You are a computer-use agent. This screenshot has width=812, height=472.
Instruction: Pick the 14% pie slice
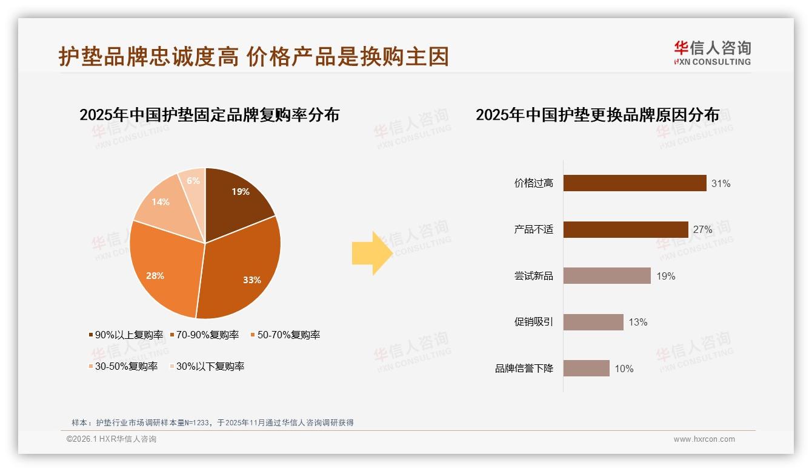click(162, 203)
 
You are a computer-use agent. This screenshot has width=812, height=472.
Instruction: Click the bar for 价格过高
click(634, 183)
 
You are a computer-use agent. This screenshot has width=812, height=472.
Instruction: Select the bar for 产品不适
click(625, 229)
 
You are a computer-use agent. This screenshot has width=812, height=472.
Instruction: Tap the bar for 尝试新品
click(607, 276)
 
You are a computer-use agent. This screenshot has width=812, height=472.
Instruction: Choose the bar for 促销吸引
click(593, 322)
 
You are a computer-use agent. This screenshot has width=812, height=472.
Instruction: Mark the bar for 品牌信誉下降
click(586, 369)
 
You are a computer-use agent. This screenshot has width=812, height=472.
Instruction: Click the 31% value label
click(721, 183)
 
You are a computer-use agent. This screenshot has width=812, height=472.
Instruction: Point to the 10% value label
click(624, 369)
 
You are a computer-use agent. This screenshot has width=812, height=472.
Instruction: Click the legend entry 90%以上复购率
click(126, 335)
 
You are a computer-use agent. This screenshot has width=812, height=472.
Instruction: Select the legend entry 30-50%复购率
click(124, 366)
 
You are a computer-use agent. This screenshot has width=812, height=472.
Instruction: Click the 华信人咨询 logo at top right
click(712, 53)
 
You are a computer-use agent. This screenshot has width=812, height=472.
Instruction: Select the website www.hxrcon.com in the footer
click(704, 439)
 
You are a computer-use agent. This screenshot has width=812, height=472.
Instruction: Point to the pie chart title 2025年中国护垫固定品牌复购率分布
click(209, 114)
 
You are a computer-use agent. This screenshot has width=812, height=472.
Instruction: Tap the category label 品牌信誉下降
click(524, 369)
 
